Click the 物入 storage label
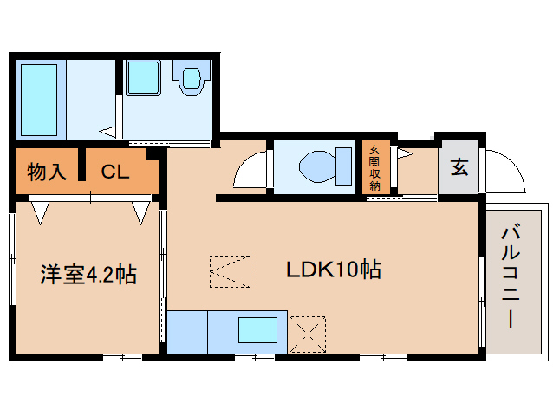point(47,172)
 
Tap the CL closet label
point(115,172)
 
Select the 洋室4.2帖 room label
point(87,275)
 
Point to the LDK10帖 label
point(334,270)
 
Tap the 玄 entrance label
point(459,166)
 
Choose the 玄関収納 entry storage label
point(374,166)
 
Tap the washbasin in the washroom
point(188,79)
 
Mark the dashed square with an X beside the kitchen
point(308,334)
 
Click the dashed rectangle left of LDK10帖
point(230,271)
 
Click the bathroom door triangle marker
point(108,132)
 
